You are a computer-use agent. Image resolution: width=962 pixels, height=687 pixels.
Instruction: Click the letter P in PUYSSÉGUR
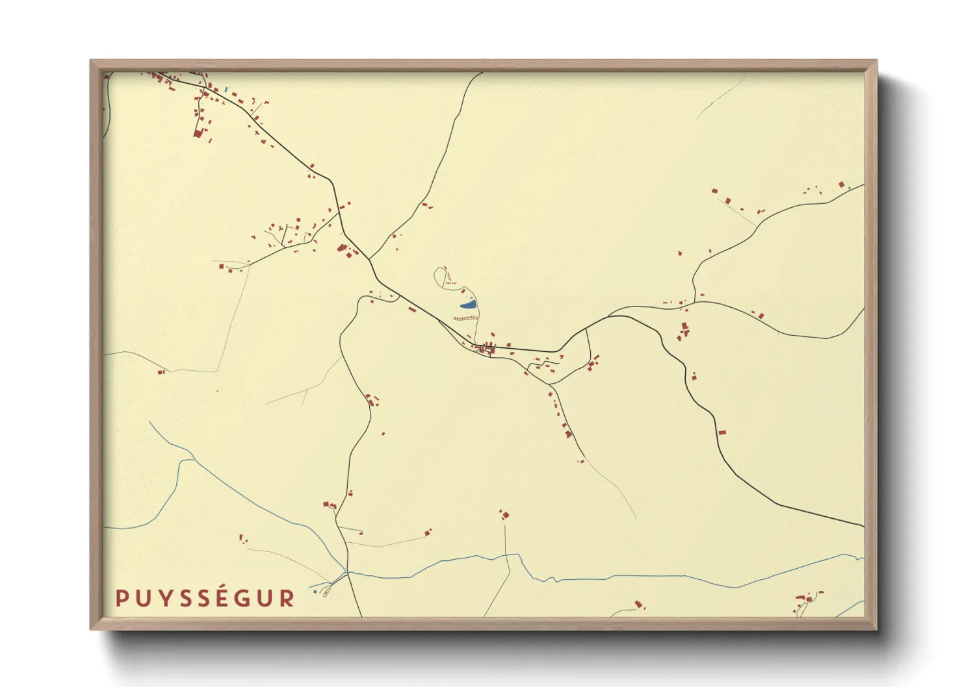120,598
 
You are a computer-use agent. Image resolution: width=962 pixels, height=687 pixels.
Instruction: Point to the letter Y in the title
162,598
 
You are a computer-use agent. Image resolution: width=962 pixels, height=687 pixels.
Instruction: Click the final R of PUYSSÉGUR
287,598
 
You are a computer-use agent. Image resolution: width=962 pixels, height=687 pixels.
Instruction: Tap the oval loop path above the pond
440,276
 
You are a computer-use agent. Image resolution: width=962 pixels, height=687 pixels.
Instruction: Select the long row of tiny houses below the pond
466,318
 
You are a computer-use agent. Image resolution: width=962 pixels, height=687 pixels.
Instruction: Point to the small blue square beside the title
315,592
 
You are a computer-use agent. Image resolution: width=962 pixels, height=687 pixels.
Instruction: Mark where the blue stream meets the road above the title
348,573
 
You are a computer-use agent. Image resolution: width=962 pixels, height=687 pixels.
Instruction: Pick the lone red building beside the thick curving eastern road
721,432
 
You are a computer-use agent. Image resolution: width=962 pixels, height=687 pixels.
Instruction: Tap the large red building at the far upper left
198,133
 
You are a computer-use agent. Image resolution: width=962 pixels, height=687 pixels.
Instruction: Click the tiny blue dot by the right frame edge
849,188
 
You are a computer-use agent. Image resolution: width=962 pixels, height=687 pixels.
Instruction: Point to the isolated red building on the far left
161,372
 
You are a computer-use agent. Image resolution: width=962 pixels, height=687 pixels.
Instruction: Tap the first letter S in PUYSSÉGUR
183,598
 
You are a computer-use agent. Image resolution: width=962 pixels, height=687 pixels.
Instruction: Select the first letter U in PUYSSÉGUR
141,598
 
